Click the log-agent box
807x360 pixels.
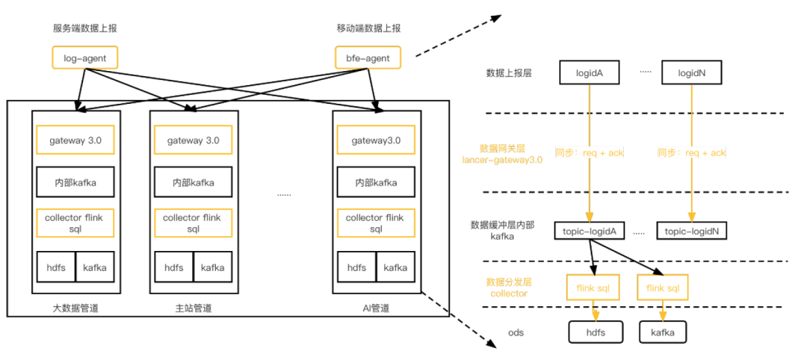point(84,58)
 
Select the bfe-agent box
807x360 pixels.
point(368,58)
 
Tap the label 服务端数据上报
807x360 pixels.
point(84,28)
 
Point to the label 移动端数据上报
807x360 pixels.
point(368,28)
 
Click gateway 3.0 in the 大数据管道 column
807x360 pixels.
point(75,140)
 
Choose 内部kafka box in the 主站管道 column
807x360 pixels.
point(193,181)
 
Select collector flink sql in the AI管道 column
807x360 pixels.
point(375,223)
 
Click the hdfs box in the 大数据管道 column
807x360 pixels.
point(56,267)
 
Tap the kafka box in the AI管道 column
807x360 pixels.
point(395,267)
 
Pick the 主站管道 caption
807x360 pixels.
point(193,308)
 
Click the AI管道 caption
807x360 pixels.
point(375,308)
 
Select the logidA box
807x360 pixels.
point(590,73)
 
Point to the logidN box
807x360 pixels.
point(692,73)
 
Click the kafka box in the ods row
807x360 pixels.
point(662,332)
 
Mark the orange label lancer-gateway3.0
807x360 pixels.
point(502,159)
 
